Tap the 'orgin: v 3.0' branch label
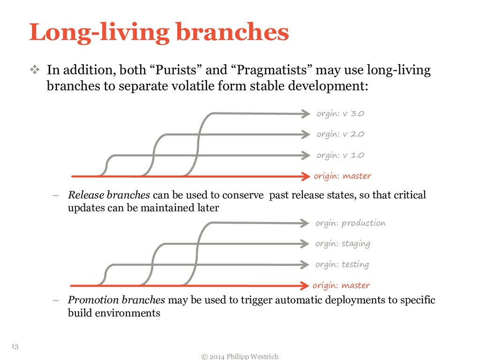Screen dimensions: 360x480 pos(340,113)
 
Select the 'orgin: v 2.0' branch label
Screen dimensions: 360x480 pos(340,135)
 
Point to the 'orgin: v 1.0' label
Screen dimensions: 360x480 pos(340,155)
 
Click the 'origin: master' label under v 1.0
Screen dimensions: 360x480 pos(342,176)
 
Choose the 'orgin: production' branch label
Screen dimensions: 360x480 pos(350,223)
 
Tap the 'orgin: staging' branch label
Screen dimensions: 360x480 pos(343,244)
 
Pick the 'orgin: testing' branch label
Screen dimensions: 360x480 pos(342,264)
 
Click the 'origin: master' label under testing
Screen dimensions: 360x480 pos(341,285)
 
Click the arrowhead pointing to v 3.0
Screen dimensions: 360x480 pos(306,113)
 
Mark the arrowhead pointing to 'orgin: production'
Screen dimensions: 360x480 pos(305,223)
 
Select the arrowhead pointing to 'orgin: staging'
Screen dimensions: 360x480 pos(305,244)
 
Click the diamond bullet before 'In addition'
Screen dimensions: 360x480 pos(36,71)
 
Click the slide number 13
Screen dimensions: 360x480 pos(15,346)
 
